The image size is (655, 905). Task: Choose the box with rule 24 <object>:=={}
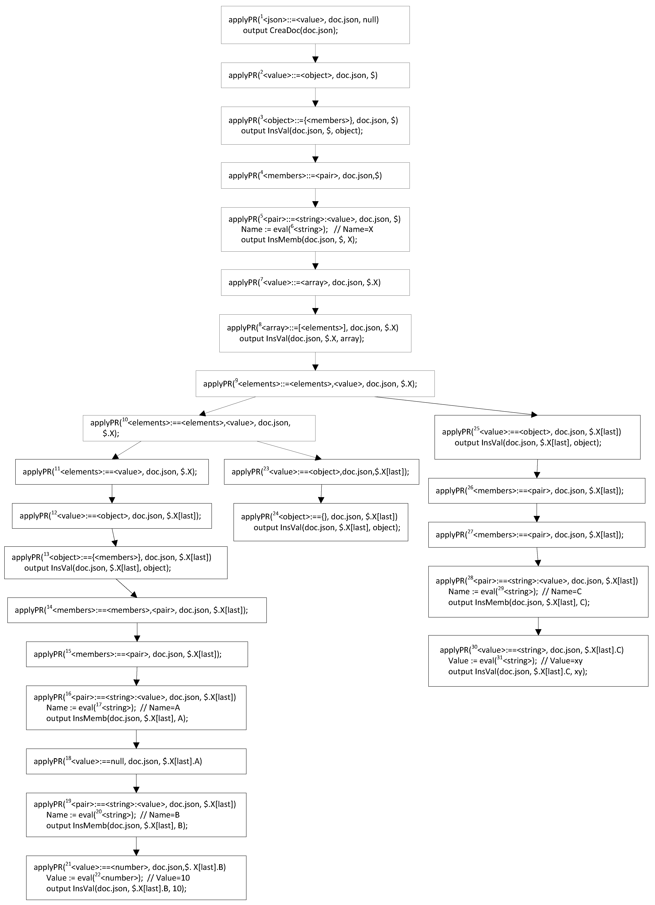[320, 522]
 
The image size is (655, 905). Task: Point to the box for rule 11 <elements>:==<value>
[112, 472]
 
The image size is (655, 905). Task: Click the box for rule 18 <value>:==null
[136, 761]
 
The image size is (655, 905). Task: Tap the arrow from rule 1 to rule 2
[315, 53]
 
